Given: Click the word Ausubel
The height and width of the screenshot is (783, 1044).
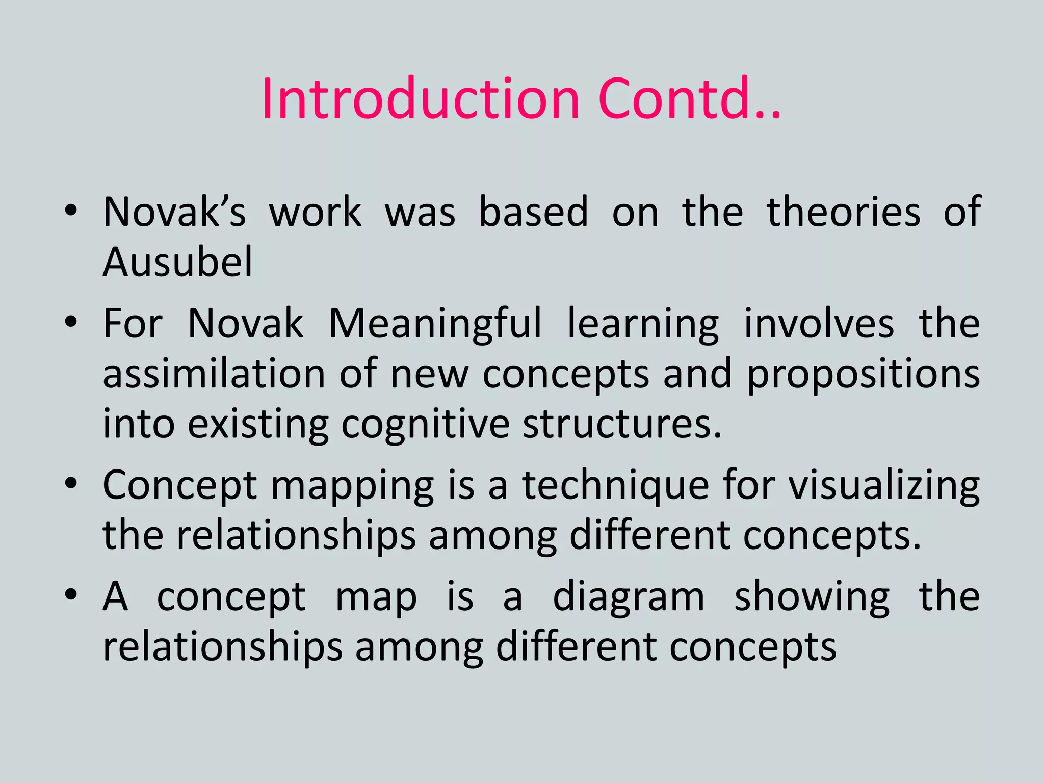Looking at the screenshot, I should [x=177, y=262].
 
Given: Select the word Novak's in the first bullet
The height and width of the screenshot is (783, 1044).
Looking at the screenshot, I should [x=174, y=212].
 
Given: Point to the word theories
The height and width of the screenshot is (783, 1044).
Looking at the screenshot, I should [x=844, y=212].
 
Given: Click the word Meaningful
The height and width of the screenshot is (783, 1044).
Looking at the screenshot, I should [x=435, y=324].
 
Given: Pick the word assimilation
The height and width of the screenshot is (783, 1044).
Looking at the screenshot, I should [x=214, y=374].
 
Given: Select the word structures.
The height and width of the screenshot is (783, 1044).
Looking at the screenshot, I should [x=622, y=424].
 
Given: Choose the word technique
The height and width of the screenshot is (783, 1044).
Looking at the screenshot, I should [x=615, y=486].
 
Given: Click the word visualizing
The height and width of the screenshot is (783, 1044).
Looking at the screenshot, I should [x=884, y=486].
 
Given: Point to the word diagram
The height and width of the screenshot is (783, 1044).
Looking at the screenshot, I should [x=629, y=597].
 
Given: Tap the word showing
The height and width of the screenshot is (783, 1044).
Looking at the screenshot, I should [x=812, y=597].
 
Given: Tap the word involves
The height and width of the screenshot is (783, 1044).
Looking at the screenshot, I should [x=819, y=324].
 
